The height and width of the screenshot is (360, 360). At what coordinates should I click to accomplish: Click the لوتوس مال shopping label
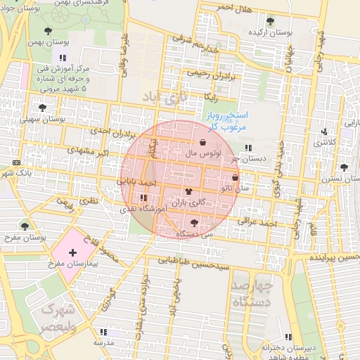pyautogui.click(x=203, y=153)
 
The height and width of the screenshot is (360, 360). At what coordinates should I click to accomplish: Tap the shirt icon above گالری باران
pyautogui.click(x=188, y=191)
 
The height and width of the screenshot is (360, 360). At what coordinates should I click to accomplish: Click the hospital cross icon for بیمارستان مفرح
pyautogui.click(x=72, y=252)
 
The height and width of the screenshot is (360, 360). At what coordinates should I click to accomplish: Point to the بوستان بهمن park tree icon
pyautogui.click(x=48, y=30)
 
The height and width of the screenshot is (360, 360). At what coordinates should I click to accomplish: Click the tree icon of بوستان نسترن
pyautogui.click(x=343, y=167)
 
